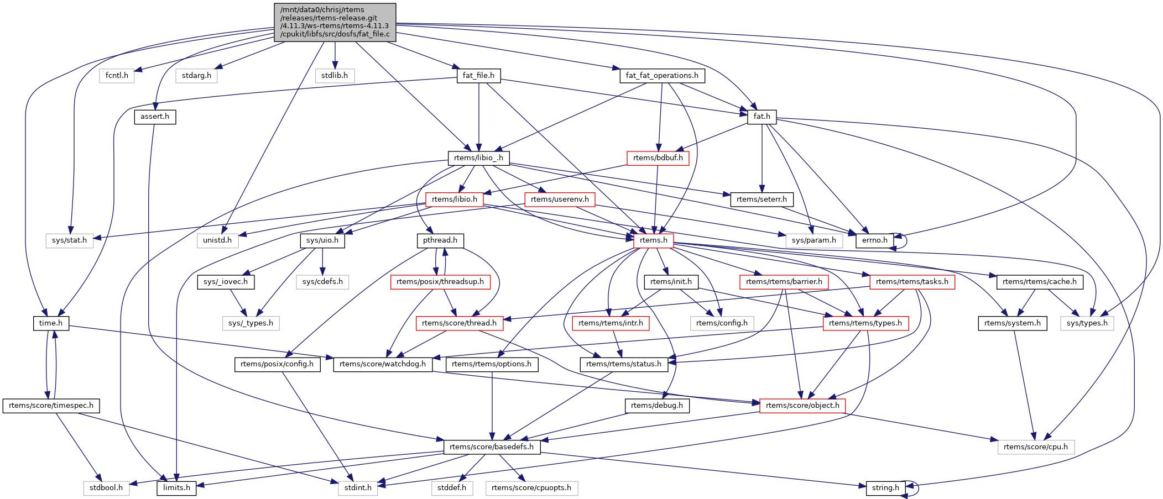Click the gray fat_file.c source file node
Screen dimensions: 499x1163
(335, 22)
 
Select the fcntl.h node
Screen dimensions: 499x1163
(117, 76)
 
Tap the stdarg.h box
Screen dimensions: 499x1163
(196, 76)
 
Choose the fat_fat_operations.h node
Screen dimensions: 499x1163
(661, 76)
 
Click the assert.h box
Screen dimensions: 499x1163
(155, 117)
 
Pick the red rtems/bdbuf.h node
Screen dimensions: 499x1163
(658, 158)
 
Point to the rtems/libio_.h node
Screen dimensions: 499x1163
(478, 158)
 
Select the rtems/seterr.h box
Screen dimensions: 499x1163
(762, 199)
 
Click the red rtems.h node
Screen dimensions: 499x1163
(653, 240)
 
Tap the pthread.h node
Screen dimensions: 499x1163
(440, 240)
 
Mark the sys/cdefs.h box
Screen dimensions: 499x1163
(322, 282)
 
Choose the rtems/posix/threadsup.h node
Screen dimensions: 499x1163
(440, 282)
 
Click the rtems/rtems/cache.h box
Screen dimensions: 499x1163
(1039, 282)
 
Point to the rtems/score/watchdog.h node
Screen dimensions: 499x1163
(383, 364)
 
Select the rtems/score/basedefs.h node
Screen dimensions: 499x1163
(492, 447)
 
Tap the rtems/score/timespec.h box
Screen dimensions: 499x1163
(51, 406)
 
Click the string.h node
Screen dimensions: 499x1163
(885, 488)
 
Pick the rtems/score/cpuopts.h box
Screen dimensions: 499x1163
(531, 488)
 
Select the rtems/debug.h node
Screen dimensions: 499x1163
(656, 406)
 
